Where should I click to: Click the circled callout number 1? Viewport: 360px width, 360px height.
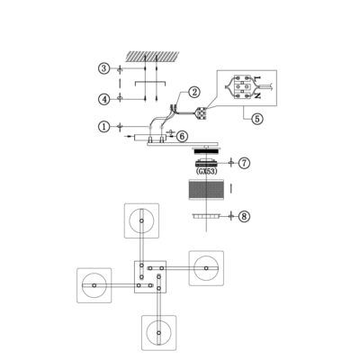(x=103, y=127)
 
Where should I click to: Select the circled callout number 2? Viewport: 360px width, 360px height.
(x=194, y=92)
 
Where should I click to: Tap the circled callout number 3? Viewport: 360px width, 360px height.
(x=103, y=68)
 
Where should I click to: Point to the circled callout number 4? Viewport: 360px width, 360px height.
(x=104, y=99)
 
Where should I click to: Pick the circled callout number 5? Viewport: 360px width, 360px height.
(x=257, y=119)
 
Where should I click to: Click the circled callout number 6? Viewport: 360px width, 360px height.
(x=182, y=136)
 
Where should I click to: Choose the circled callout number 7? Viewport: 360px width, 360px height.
(x=244, y=163)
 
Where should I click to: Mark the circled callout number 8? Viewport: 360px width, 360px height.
(x=244, y=216)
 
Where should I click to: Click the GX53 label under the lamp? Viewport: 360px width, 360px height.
(x=206, y=172)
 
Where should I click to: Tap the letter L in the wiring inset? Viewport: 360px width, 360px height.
(x=256, y=78)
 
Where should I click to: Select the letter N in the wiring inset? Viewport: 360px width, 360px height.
(x=256, y=95)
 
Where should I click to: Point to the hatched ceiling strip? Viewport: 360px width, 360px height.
(x=152, y=56)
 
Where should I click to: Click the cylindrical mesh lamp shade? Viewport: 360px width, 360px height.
(x=206, y=189)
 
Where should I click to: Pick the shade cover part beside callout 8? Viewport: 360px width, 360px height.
(x=206, y=216)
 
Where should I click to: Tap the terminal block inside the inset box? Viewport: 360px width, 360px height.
(x=241, y=86)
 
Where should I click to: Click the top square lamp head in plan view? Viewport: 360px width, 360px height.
(x=141, y=220)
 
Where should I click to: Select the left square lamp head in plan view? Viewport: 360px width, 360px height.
(x=94, y=285)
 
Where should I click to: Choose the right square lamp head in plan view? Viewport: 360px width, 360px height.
(x=206, y=268)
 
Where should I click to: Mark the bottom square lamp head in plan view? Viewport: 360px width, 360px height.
(x=158, y=332)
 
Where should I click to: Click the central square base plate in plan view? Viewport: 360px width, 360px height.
(x=150, y=276)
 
